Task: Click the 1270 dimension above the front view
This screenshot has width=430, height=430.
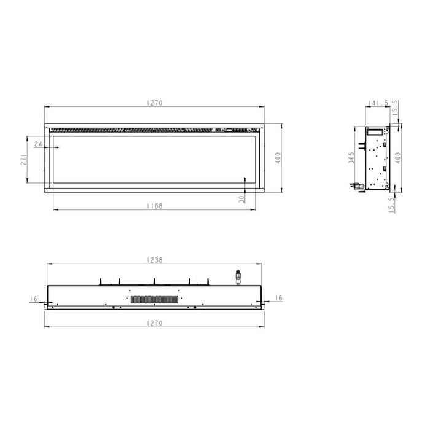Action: pyautogui.click(x=154, y=103)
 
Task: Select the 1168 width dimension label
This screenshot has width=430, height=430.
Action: pyautogui.click(x=155, y=206)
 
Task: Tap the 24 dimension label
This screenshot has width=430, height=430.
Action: pyautogui.click(x=39, y=144)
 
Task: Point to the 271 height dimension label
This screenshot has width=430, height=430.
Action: pyautogui.click(x=23, y=159)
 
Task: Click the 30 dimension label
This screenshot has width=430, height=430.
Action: pyautogui.click(x=242, y=198)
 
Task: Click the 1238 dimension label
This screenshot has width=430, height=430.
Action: pyautogui.click(x=155, y=260)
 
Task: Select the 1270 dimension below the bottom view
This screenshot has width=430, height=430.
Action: pyautogui.click(x=155, y=323)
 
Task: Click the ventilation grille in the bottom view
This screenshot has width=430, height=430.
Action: pyautogui.click(x=154, y=299)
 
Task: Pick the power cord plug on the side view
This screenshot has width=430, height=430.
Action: pyautogui.click(x=354, y=185)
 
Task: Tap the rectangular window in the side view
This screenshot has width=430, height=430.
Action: pyautogui.click(x=374, y=131)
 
